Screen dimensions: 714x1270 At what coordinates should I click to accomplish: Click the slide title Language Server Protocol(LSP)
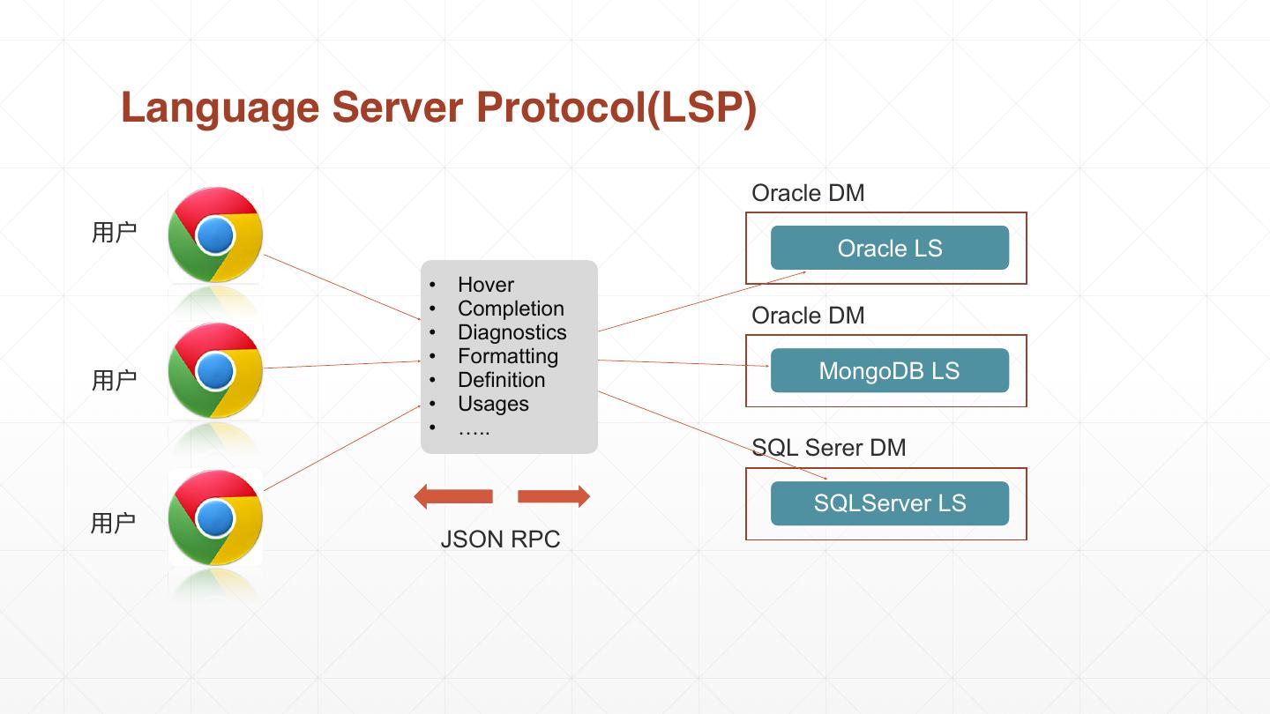tap(438, 108)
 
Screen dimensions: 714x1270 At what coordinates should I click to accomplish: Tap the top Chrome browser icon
tap(215, 234)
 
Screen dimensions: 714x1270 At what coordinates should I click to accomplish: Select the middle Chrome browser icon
tap(215, 370)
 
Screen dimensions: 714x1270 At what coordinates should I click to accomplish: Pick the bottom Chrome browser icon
tap(215, 517)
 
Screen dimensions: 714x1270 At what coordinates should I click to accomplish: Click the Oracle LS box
tap(889, 248)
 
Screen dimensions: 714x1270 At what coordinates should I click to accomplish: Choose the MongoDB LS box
tap(889, 370)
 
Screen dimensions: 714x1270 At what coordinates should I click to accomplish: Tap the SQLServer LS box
tap(889, 503)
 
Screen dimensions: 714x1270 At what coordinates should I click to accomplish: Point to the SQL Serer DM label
tap(828, 448)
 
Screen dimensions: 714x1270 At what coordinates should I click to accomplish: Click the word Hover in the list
tap(485, 285)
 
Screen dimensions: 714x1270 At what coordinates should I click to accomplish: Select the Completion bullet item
tap(511, 309)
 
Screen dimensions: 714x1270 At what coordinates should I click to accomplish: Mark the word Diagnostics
tap(512, 332)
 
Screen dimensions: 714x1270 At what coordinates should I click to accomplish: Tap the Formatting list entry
tap(507, 356)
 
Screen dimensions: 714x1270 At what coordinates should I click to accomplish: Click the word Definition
tap(501, 380)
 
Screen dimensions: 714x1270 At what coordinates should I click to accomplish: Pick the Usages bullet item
tap(493, 404)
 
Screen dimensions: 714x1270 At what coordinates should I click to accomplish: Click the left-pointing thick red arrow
tap(453, 496)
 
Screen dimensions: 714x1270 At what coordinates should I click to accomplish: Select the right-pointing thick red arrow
tap(553, 496)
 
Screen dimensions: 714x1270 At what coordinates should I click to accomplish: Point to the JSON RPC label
tap(500, 539)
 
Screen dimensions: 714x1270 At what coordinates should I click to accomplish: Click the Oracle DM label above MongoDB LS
tap(808, 316)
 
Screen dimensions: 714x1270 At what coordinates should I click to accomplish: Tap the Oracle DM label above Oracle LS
tap(808, 193)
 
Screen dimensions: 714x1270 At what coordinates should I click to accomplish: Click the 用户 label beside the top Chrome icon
tap(114, 233)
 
